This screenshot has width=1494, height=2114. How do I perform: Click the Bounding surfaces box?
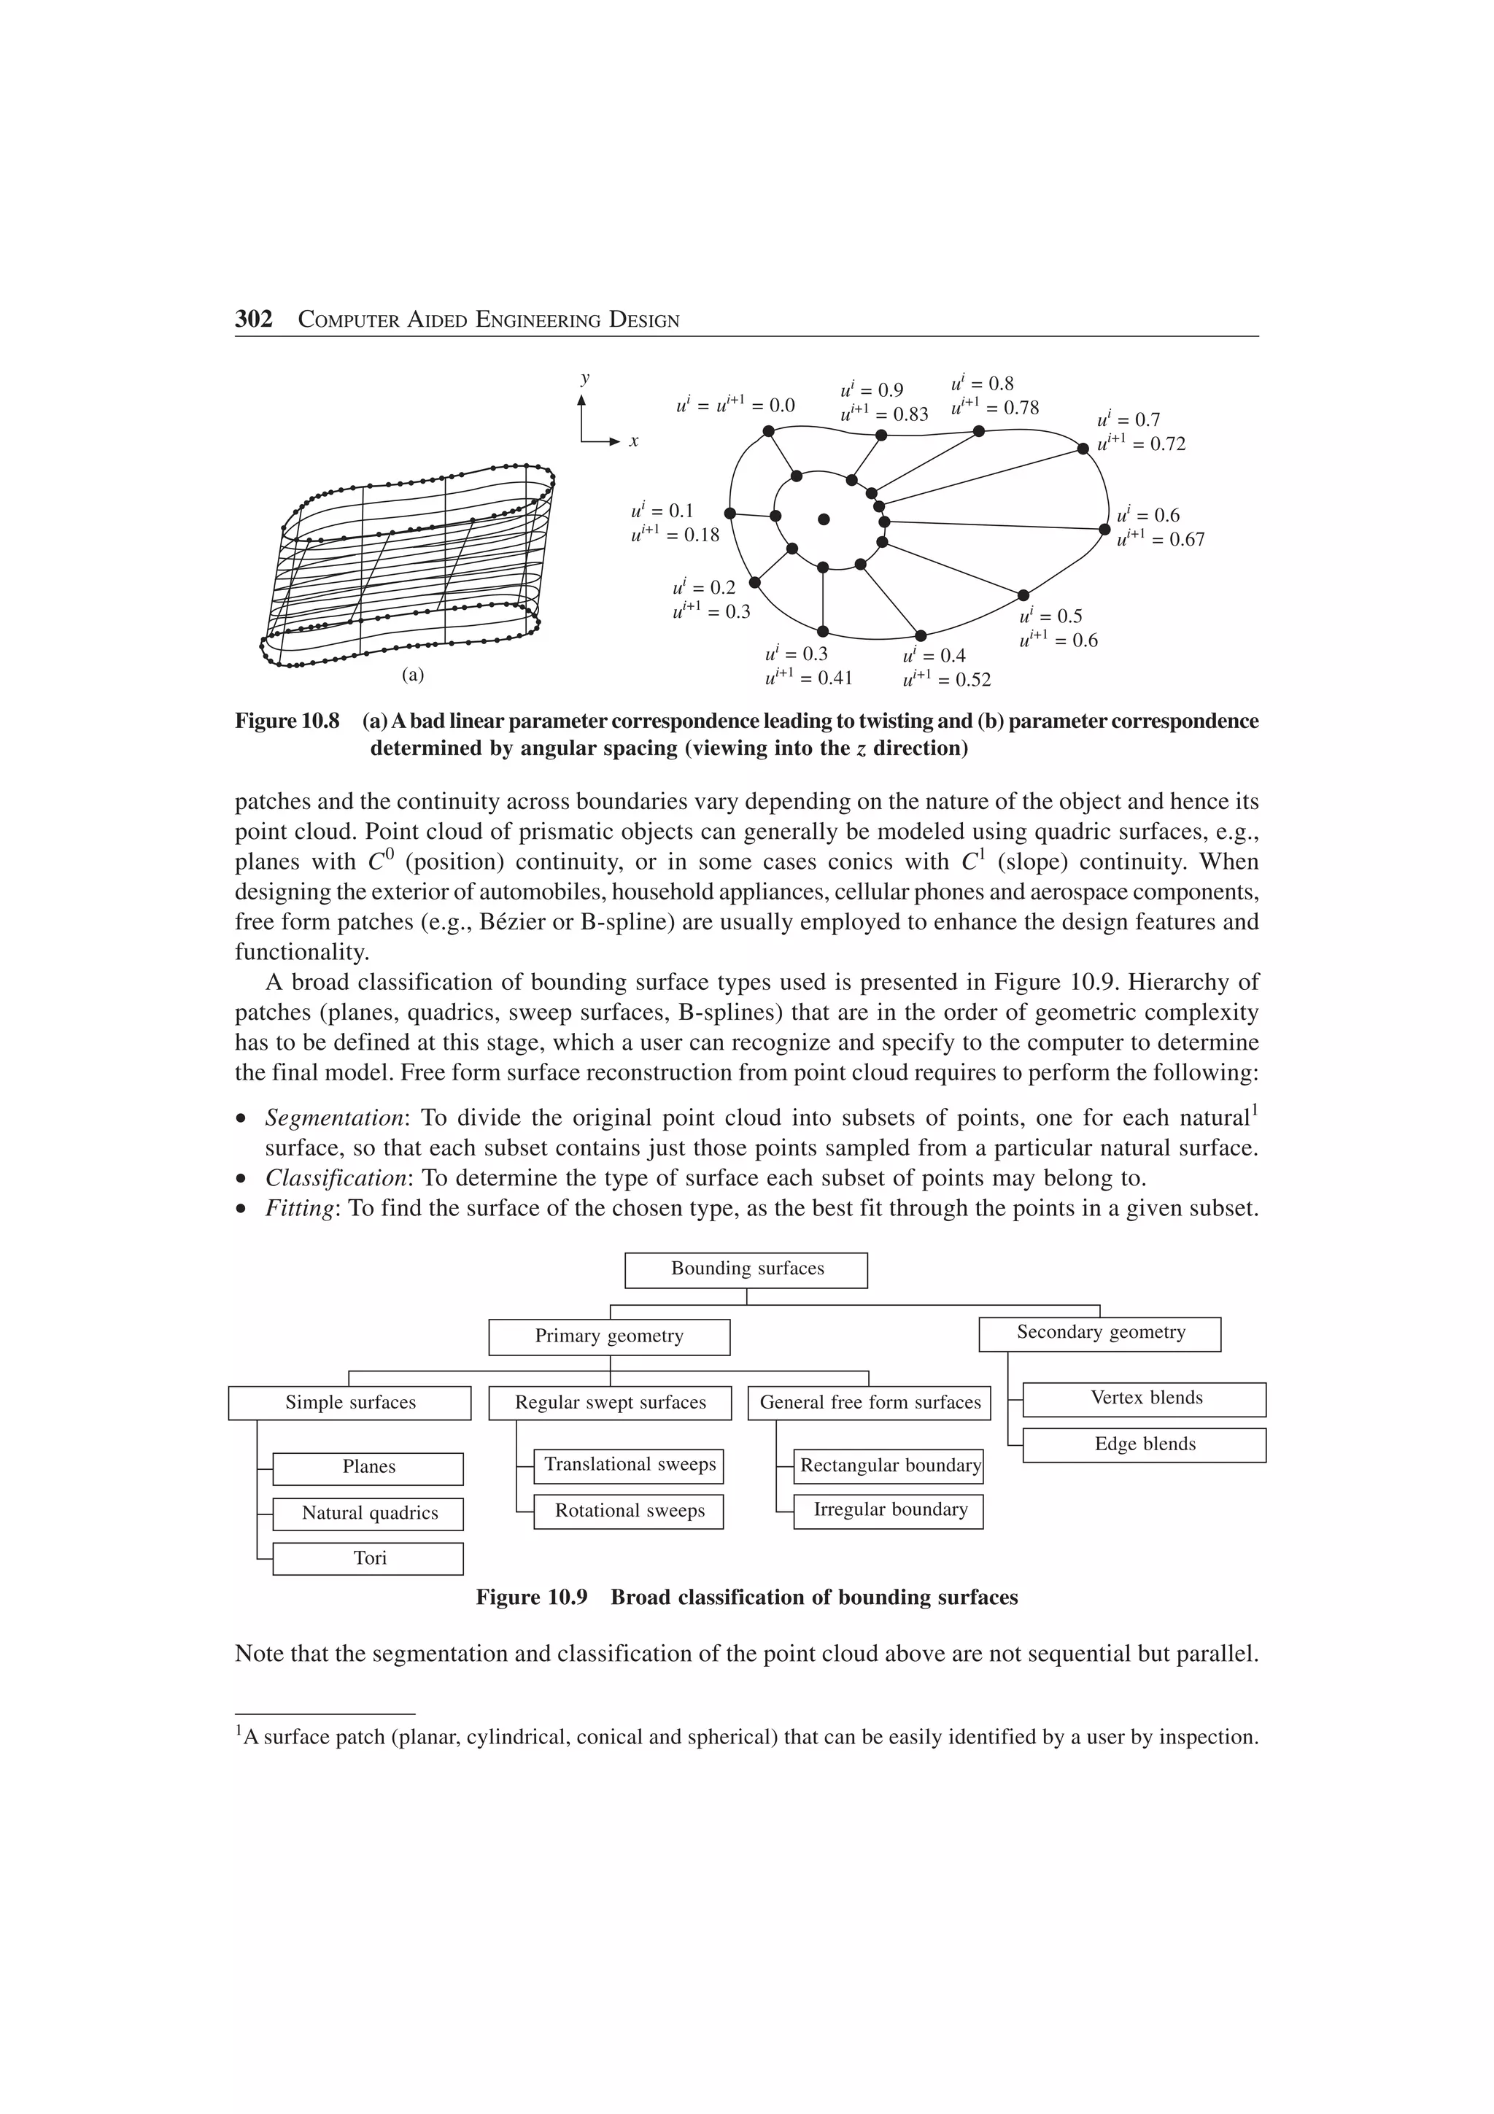(746, 1270)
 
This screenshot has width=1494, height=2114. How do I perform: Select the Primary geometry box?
(608, 1337)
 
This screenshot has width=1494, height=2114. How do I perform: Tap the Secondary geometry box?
(1099, 1333)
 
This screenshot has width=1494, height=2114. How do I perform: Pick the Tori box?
(368, 1559)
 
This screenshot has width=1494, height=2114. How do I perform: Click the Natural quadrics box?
(368, 1514)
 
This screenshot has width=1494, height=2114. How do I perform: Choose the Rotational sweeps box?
(629, 1512)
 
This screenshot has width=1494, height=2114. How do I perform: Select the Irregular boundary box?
(889, 1511)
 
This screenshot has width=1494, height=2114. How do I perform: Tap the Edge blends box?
(1144, 1444)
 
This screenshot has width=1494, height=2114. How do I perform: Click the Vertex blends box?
(1144, 1398)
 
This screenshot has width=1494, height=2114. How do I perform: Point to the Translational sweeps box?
(629, 1466)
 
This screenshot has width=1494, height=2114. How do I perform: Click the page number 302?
(253, 320)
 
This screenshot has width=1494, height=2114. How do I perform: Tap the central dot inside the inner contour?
(824, 519)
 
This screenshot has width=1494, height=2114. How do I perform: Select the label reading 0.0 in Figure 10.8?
(781, 405)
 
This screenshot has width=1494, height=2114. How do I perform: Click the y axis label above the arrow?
(584, 379)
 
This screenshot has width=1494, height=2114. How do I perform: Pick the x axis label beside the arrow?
(633, 442)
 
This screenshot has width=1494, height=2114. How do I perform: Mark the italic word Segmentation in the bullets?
(334, 1119)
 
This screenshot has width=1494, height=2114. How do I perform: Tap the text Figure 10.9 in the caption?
(531, 1598)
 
